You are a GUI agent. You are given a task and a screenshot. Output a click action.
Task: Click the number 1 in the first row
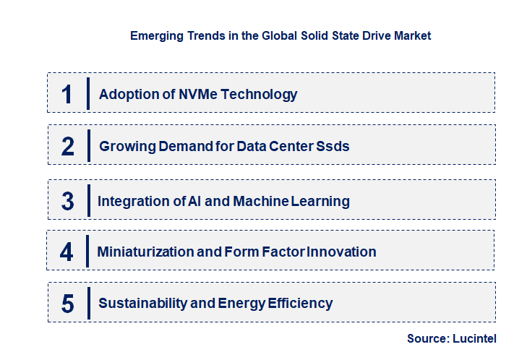tap(67, 94)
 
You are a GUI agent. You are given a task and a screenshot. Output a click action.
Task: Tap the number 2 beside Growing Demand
tap(68, 146)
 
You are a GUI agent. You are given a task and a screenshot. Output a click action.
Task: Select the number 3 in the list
tap(67, 201)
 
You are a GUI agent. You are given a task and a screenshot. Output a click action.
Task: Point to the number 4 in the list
tap(67, 252)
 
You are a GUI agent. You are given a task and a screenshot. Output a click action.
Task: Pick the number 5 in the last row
tap(68, 304)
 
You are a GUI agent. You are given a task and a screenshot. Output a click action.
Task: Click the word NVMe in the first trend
tap(199, 94)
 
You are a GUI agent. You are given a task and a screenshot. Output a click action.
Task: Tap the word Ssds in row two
tap(333, 146)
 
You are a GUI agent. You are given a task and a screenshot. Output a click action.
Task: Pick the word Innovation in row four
tap(343, 252)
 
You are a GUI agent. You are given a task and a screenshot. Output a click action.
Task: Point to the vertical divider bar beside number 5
tap(87, 302)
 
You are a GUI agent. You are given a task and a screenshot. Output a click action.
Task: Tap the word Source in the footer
tap(427, 338)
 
